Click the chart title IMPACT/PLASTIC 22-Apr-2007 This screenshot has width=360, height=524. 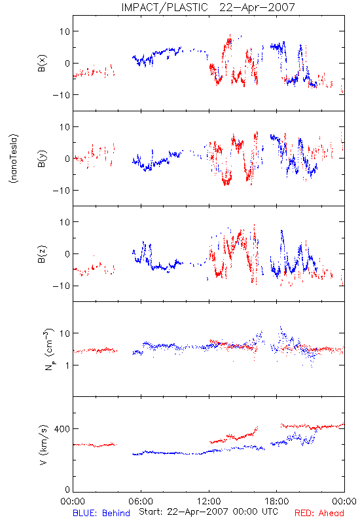208,7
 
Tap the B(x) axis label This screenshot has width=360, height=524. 42,63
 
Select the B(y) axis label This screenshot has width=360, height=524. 42,159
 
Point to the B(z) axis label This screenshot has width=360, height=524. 42,254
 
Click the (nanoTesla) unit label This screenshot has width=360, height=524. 14,159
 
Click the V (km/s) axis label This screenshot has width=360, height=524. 43,445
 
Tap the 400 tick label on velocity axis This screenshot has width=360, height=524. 62,429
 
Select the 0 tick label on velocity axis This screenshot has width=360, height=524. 67,489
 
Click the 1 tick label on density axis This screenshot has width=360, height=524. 67,365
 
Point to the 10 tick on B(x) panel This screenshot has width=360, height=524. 64,31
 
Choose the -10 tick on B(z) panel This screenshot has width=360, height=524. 61,286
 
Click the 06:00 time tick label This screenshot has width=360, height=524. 141,501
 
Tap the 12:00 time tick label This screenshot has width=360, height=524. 209,501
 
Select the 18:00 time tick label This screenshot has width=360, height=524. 277,501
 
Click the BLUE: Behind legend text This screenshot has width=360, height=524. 101,513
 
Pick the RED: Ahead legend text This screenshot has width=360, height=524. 319,513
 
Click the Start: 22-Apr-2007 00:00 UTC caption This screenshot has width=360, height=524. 208,512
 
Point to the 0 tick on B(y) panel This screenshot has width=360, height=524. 67,159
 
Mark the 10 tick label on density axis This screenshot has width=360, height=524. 64,333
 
